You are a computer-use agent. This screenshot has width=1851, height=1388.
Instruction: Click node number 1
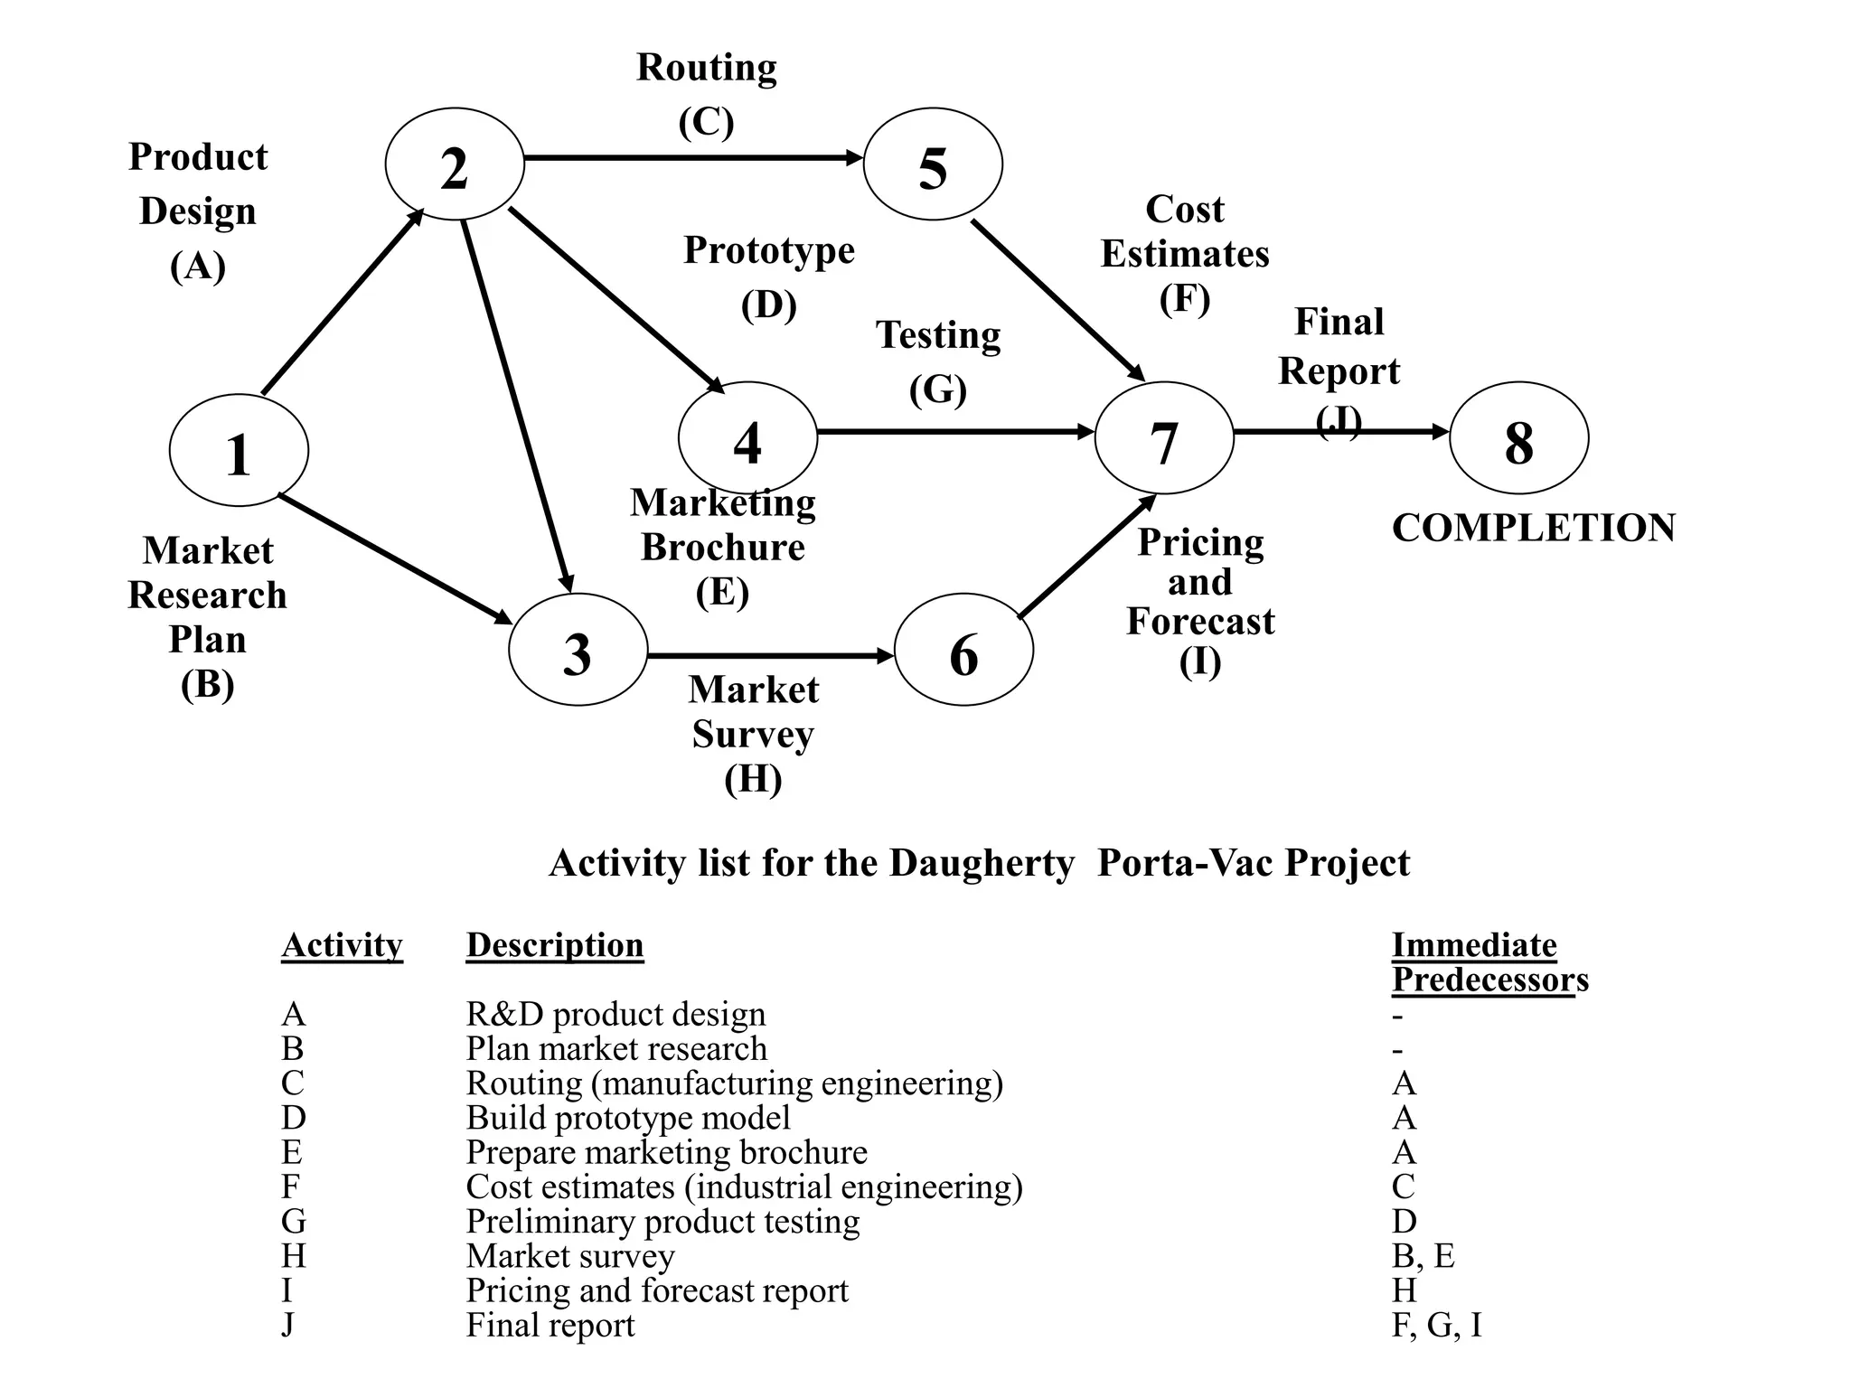239,450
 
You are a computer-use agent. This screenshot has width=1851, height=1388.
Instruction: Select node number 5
933,164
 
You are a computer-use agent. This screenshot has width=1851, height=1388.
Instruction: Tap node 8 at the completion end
1518,438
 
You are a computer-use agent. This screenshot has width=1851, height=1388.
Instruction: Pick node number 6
963,650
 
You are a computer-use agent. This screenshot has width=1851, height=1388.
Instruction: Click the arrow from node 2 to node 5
691,158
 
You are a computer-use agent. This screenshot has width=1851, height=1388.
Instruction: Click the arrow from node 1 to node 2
342,303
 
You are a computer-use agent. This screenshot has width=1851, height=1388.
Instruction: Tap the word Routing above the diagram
706,69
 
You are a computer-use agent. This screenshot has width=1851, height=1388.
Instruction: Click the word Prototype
768,251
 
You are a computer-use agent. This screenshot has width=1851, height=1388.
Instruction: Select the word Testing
938,336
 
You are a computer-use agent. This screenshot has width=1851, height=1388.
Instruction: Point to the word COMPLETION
1533,528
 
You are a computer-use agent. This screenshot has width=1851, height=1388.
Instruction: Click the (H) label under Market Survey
753,778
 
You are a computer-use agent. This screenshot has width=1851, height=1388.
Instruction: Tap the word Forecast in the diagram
1199,622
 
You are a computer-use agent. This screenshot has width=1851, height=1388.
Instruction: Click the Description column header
554,945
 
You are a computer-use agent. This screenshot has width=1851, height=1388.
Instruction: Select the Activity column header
342,945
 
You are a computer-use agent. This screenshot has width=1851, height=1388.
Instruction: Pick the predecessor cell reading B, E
1423,1256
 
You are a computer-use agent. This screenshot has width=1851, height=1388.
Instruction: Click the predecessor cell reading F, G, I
1436,1325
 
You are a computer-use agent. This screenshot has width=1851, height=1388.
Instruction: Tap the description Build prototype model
627,1118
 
